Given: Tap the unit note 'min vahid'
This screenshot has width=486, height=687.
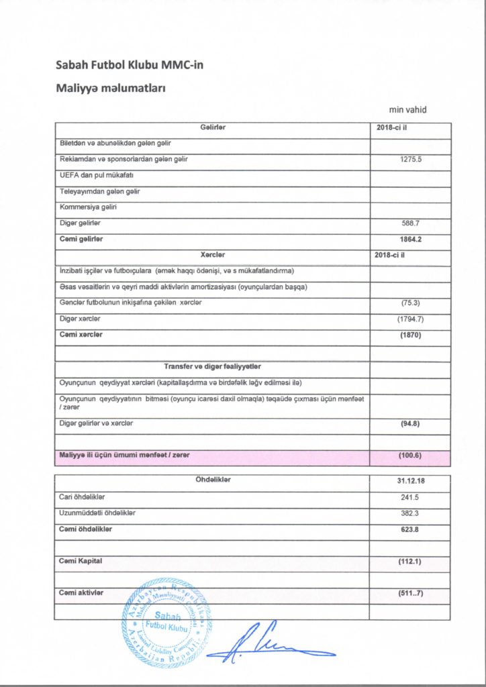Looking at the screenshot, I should pos(408,110).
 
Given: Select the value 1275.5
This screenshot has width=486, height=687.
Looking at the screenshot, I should pos(409,160).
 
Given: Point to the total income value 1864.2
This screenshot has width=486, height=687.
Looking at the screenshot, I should pos(409,239).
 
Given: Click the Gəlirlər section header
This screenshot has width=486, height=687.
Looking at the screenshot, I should pos(212,128).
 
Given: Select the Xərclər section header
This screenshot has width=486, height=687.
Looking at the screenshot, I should pos(212,255).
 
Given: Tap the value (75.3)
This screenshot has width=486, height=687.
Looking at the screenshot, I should pos(409,303).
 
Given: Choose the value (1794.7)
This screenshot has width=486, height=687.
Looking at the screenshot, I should pos(409,319).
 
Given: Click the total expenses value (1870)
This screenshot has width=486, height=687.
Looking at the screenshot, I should pos(409,335).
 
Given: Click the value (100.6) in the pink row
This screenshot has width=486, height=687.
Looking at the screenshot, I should pos(409,456).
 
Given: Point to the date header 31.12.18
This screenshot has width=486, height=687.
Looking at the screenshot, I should pos(409,481).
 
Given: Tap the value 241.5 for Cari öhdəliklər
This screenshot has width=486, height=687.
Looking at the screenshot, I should pos(409,497).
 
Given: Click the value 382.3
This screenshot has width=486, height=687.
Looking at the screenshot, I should pos(409,513).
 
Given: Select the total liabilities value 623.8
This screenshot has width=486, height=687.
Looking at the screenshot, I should pos(409,529).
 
